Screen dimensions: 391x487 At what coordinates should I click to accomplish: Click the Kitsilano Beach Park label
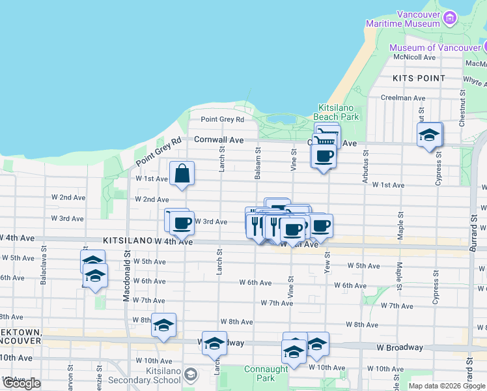coord(338,112)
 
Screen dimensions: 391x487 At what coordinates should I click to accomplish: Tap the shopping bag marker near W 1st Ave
coord(182,174)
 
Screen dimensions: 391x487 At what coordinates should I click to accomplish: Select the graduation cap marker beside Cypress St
coord(429,135)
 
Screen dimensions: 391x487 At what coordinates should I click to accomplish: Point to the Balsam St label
coord(258,164)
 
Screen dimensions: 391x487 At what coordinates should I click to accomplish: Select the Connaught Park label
coord(266,373)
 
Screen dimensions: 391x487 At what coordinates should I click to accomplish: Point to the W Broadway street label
coord(399,347)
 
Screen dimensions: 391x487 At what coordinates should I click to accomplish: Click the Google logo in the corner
coord(21,383)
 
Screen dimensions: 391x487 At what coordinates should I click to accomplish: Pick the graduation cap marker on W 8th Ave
coord(163,325)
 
